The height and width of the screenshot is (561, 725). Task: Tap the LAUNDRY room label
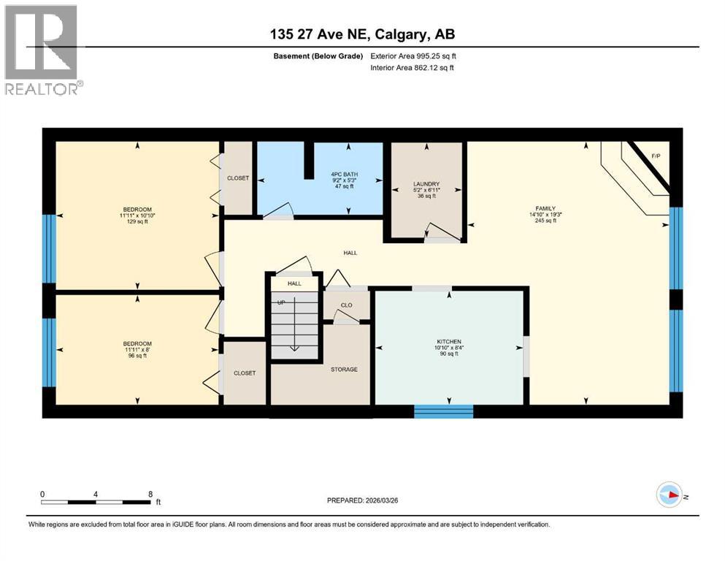pos(426,184)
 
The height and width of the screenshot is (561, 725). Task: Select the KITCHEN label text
pos(448,341)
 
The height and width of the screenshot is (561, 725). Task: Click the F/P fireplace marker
pos(655,156)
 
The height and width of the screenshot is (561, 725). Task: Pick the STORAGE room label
pos(344,369)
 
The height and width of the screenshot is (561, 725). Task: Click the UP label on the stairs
pos(280,302)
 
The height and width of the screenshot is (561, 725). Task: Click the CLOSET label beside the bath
pos(238,178)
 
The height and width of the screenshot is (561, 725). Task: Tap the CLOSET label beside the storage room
pos(245,373)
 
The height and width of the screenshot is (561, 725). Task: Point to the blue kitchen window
pos(443,411)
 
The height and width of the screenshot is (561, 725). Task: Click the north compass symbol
pos(670,495)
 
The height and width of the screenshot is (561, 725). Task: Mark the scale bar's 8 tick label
pos(150,494)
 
